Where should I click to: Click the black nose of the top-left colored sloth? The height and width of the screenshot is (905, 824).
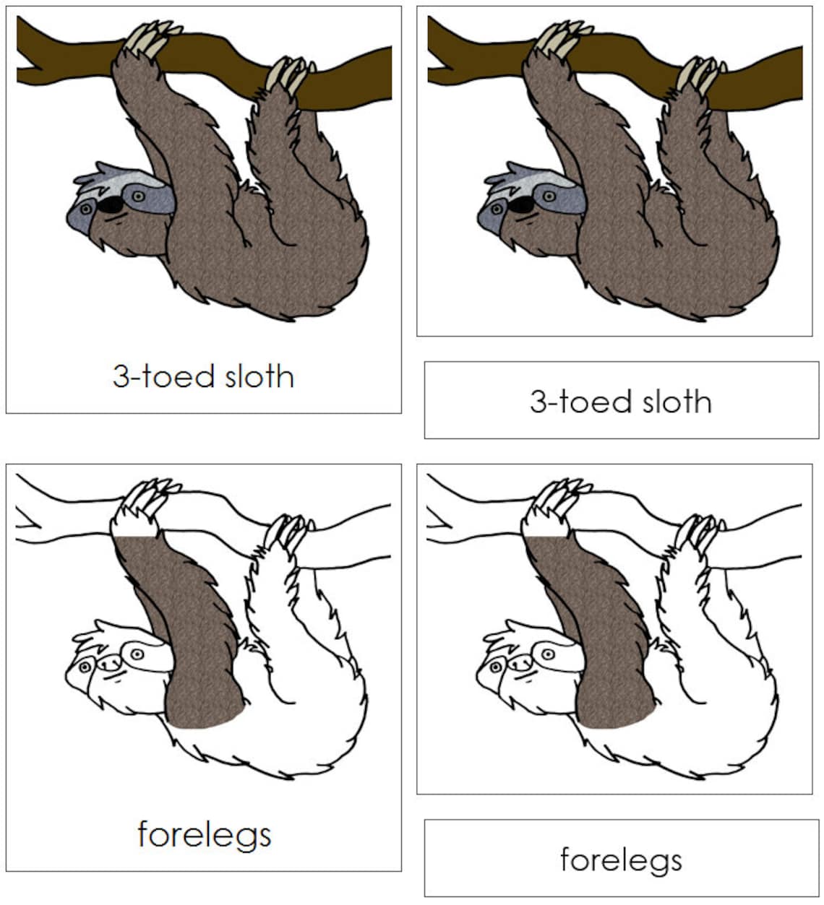[111, 205]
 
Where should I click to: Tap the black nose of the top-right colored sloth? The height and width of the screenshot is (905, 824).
[521, 205]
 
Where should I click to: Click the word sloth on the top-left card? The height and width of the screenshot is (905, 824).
[259, 376]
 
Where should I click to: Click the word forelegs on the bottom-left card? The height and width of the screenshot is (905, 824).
[204, 834]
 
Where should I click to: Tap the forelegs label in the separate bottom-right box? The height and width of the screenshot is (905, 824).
[620, 859]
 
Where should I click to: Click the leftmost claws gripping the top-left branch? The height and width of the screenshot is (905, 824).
[147, 40]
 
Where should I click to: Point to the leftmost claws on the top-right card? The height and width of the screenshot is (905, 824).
[558, 40]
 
